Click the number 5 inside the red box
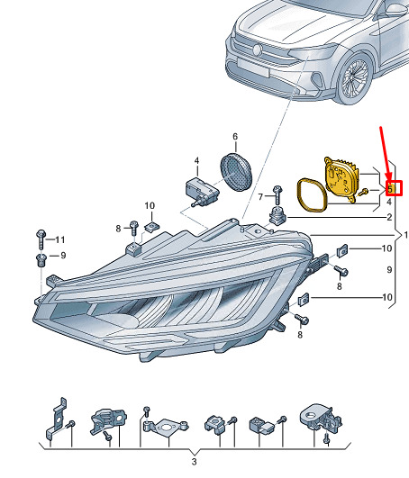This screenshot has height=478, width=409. [390, 189]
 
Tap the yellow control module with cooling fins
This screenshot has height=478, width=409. [341, 178]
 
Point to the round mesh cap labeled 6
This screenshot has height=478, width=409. [236, 172]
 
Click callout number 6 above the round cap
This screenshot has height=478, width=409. [235, 137]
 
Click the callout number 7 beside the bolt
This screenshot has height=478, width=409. [260, 197]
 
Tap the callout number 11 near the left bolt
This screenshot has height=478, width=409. [60, 239]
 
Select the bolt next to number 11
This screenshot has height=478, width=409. [41, 239]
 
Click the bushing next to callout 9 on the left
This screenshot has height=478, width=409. [41, 260]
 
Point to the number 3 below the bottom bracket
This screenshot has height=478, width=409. [195, 462]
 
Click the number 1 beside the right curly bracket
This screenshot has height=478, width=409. [405, 235]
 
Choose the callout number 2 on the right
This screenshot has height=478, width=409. [389, 217]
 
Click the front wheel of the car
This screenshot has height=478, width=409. [355, 78]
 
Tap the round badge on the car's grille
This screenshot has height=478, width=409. [258, 50]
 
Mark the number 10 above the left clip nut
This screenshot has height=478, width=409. [150, 206]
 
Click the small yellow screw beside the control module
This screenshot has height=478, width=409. [364, 192]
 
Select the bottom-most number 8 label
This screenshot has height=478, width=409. [300, 334]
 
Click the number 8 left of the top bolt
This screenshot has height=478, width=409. [118, 229]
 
